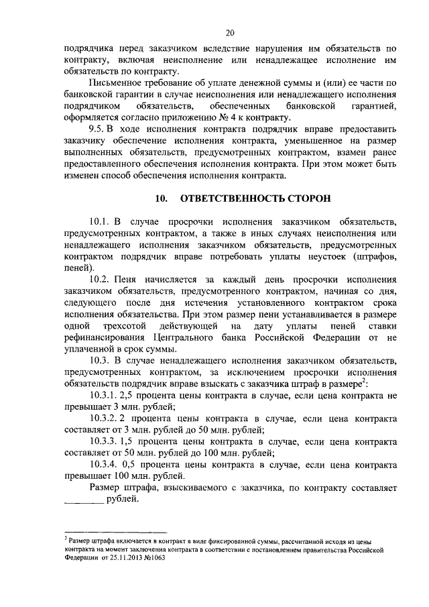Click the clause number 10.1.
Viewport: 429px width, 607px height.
[x=102, y=221]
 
